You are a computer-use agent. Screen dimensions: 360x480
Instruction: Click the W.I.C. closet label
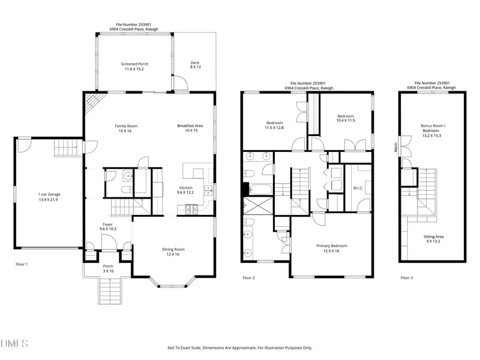click(x=358, y=188)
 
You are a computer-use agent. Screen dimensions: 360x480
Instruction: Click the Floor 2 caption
click(x=249, y=278)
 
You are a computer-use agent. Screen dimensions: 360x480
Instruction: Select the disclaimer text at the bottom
click(x=239, y=348)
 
